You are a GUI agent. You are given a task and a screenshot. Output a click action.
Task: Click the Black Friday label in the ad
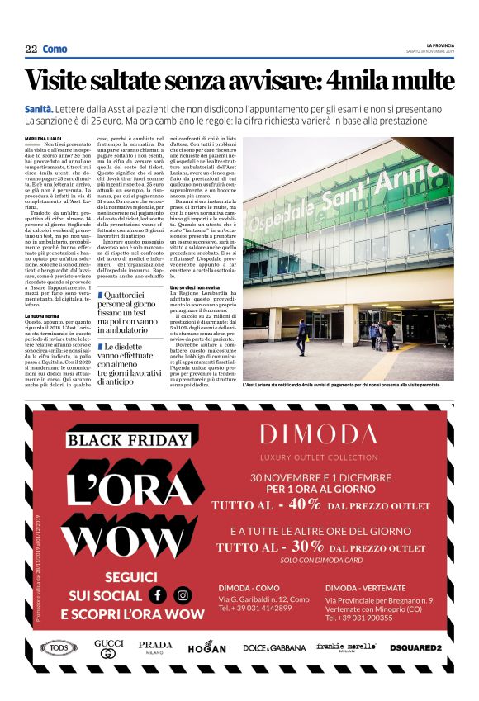pyautogui.click(x=128, y=439)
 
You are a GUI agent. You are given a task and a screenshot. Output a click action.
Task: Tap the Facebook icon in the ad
pyautogui.click(x=157, y=594)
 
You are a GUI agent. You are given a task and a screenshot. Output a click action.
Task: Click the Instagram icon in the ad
pyautogui.click(x=183, y=594)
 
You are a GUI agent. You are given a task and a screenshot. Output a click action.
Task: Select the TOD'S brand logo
pyautogui.click(x=57, y=648)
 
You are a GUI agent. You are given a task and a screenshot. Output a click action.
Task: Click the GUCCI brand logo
pyautogui.click(x=108, y=648)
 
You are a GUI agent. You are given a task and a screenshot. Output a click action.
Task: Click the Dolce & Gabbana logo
pyautogui.click(x=273, y=648)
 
